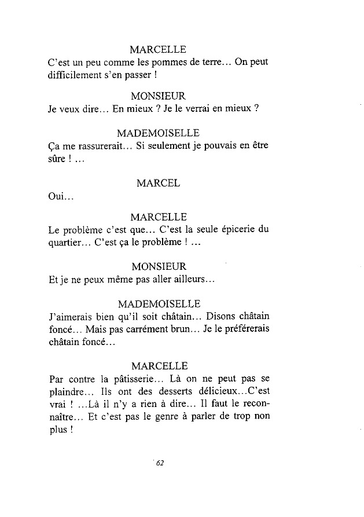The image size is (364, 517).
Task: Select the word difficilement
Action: (75, 75)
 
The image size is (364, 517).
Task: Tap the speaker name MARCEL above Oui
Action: (158, 183)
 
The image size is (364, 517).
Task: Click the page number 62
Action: (160, 462)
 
